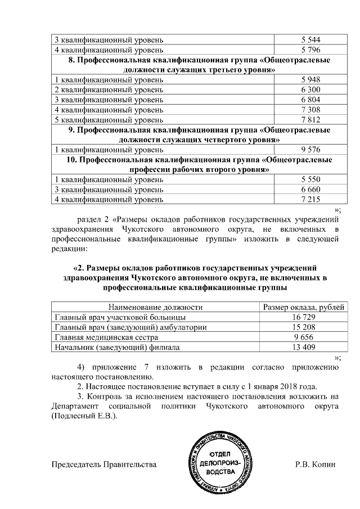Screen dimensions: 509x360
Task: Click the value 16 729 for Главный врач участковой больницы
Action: point(303,317)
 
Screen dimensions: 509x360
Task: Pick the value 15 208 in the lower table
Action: point(303,327)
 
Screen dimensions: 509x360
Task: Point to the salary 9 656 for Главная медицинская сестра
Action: point(303,337)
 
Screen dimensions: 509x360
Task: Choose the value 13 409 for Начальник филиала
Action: point(303,348)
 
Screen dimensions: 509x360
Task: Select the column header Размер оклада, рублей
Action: point(303,307)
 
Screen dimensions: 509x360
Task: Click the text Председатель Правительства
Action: point(103,465)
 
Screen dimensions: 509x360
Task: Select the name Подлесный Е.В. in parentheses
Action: point(84,416)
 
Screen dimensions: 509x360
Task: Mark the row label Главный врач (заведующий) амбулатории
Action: point(130,327)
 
